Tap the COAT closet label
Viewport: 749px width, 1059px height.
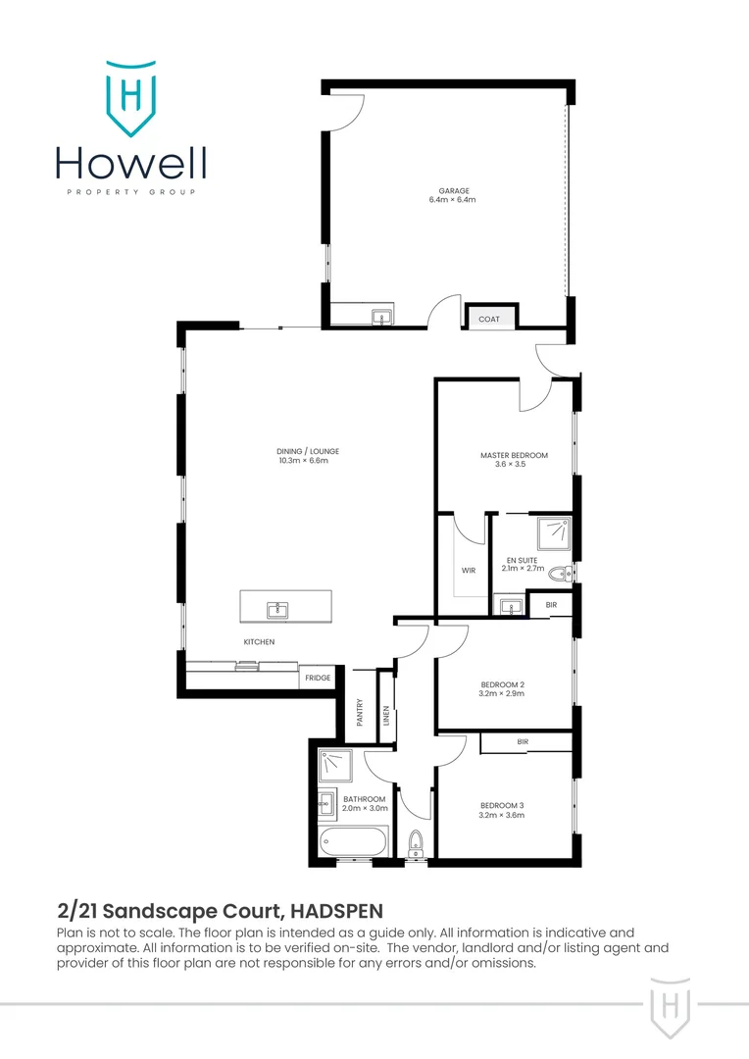coord(488,319)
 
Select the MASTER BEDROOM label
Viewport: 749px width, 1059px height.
coord(514,456)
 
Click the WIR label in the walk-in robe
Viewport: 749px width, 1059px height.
coord(468,571)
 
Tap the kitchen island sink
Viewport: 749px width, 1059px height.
coord(277,610)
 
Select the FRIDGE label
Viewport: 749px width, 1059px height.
coord(317,679)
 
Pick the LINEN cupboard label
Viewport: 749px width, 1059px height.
coord(386,719)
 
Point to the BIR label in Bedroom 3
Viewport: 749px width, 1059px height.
coord(523,742)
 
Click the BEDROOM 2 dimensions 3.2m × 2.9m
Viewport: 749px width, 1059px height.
coord(503,693)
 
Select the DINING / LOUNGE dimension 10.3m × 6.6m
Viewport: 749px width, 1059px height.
coord(302,460)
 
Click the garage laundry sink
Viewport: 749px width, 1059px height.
coord(380,316)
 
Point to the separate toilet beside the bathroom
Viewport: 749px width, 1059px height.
coord(415,841)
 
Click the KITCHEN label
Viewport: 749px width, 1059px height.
coord(259,642)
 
